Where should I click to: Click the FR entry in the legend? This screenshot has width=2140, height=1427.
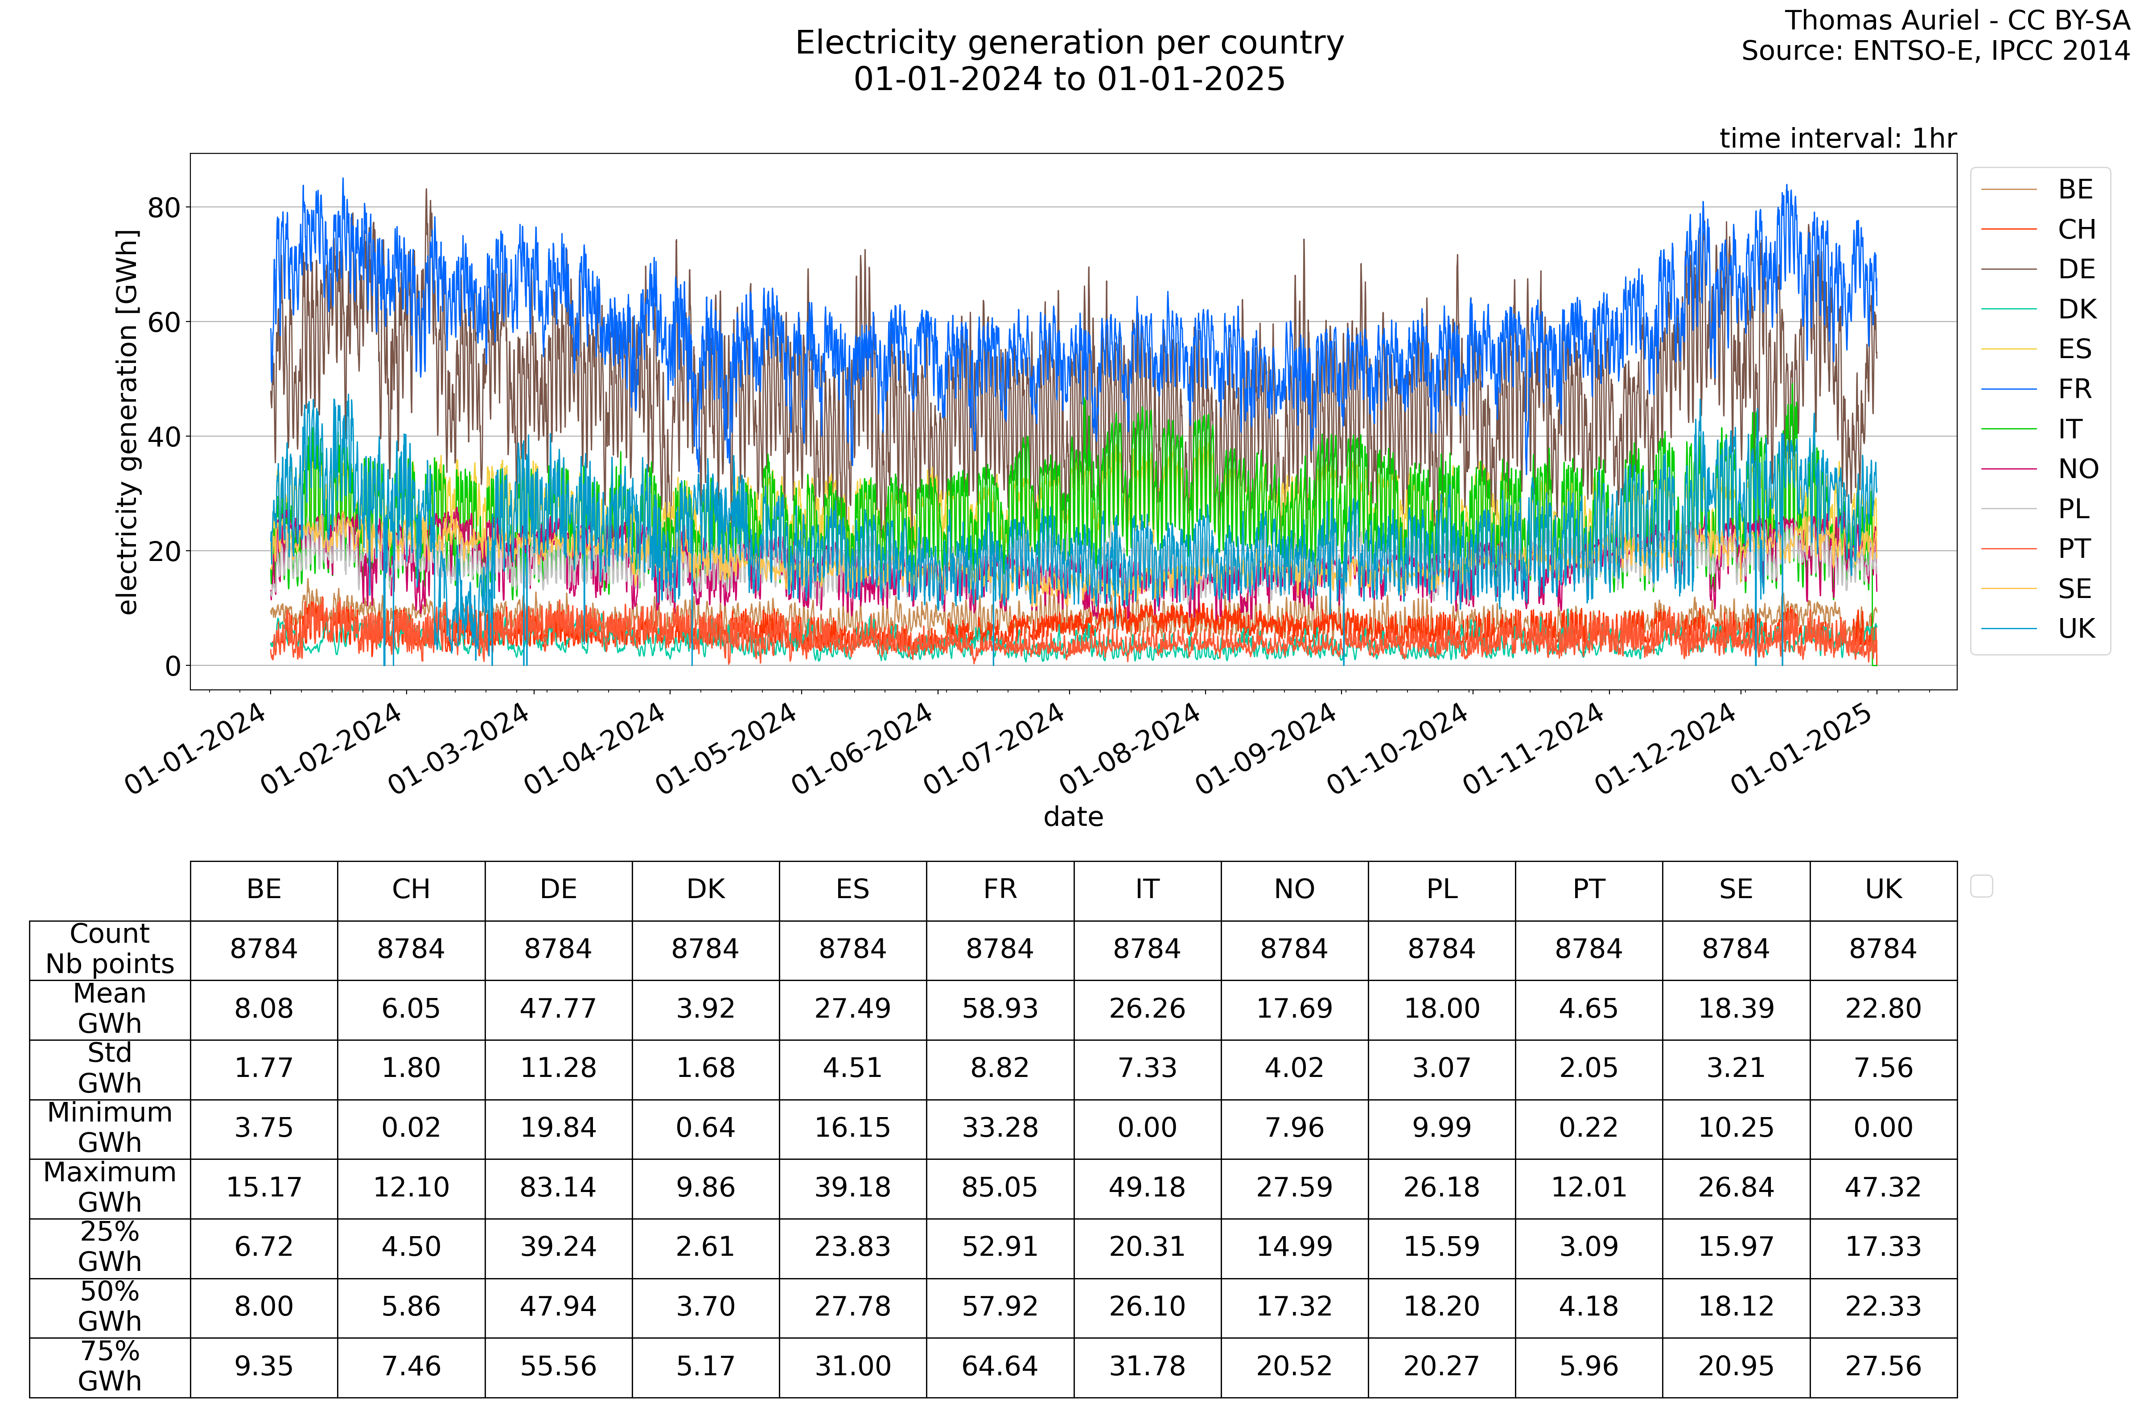coord(2074,389)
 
